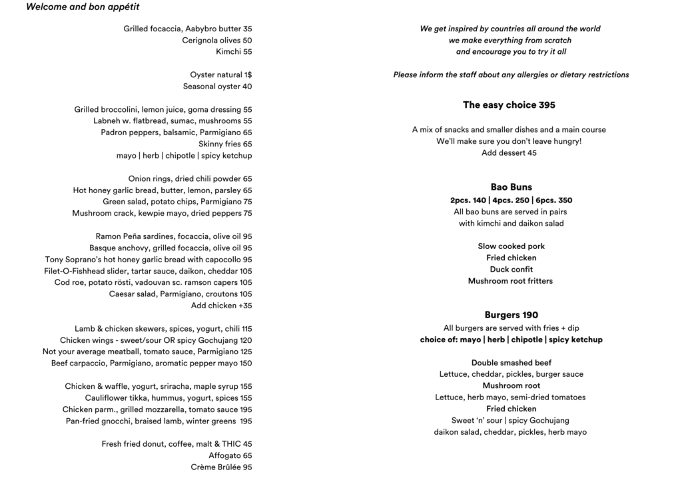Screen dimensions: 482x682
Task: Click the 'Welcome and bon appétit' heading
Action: click(83, 7)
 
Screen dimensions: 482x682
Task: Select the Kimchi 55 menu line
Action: click(234, 52)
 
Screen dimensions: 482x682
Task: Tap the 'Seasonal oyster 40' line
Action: click(218, 87)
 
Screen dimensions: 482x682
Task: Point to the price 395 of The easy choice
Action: click(547, 105)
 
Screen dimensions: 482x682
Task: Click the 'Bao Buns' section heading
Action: click(511, 188)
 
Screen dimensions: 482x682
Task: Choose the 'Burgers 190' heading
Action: click(511, 316)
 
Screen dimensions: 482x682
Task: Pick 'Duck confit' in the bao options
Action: click(511, 270)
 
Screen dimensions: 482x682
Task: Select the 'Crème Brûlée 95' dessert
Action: click(221, 467)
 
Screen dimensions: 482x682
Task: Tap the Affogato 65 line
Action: click(230, 456)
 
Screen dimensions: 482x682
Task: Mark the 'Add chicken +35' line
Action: click(221, 306)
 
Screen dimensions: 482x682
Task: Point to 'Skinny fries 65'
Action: click(225, 144)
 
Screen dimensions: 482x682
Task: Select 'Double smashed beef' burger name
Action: click(511, 363)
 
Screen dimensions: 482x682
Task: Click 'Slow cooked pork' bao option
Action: click(511, 246)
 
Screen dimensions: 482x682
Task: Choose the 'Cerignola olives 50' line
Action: click(217, 41)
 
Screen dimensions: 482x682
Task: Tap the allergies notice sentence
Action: click(511, 75)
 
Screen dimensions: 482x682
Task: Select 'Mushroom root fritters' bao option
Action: click(511, 281)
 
